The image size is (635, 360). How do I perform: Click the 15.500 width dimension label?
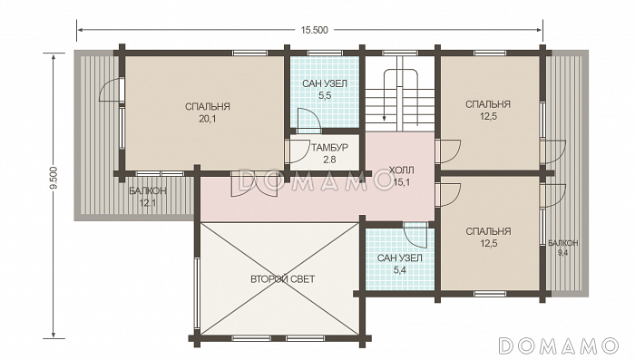[314, 30]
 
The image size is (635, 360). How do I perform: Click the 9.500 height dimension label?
[55, 178]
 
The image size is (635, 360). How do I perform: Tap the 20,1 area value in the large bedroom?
[208, 119]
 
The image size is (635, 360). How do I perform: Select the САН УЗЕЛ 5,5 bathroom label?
[325, 90]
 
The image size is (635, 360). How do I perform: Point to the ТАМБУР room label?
[329, 148]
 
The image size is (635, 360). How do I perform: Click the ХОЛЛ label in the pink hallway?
[401, 170]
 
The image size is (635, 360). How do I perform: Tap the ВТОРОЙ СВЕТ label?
[283, 279]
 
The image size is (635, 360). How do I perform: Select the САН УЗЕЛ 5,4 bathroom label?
[400, 264]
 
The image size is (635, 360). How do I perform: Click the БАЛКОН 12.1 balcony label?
[148, 197]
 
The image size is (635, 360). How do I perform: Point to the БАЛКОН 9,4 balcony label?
[563, 248]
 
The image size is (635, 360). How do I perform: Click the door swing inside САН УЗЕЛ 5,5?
[308, 121]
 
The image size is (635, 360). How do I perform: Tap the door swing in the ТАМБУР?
[298, 151]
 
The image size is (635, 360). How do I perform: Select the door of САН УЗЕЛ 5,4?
[415, 235]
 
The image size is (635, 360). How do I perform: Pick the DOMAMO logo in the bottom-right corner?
[559, 345]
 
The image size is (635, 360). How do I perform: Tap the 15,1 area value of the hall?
[401, 182]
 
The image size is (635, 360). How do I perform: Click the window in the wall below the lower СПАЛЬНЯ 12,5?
[490, 294]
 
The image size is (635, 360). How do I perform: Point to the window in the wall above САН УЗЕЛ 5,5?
[325, 54]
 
